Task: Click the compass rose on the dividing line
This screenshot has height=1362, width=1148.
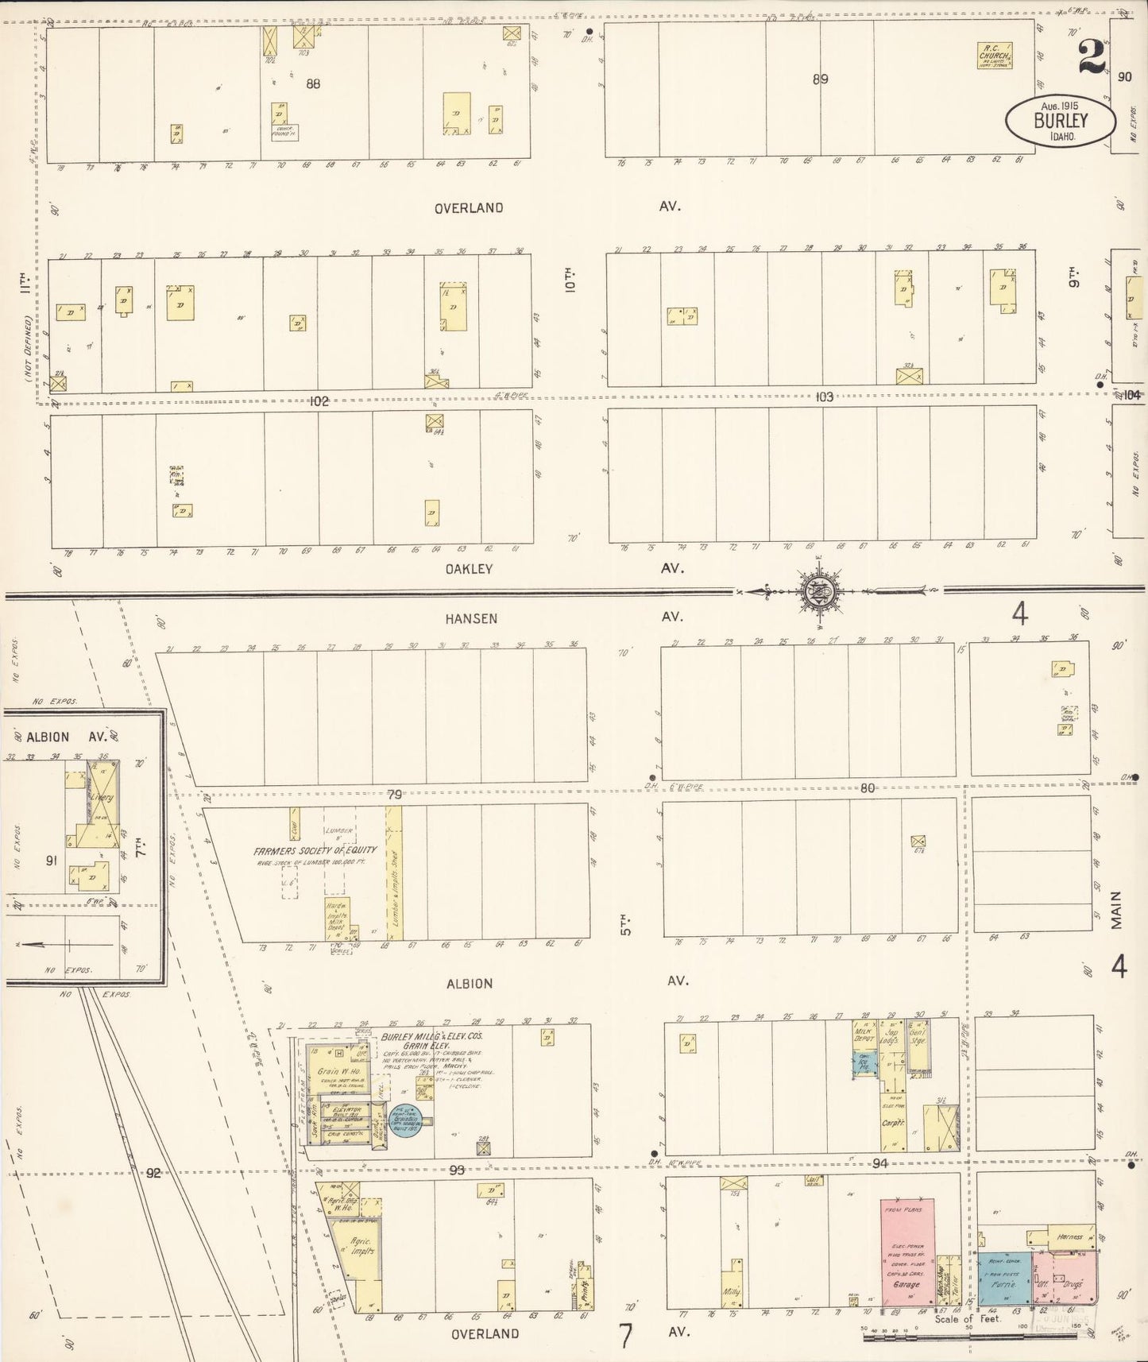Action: coord(818,590)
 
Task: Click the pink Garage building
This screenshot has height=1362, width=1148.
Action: coord(907,1252)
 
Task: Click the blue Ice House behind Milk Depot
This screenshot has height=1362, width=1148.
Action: coord(864,1062)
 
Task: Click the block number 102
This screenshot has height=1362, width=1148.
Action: coord(319,401)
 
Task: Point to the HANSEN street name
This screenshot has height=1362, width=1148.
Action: coord(472,618)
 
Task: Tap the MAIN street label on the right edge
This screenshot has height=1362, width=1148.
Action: coord(1117,911)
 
